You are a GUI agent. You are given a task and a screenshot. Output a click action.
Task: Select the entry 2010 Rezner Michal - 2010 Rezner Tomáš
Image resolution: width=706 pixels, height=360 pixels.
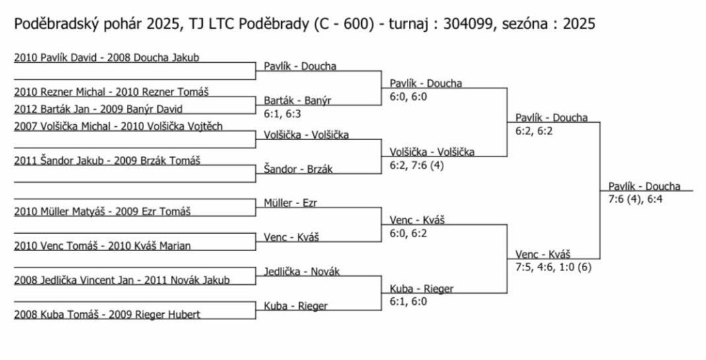click(x=111, y=92)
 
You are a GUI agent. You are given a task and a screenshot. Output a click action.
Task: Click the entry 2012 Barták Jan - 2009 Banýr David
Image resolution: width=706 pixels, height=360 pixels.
click(x=98, y=109)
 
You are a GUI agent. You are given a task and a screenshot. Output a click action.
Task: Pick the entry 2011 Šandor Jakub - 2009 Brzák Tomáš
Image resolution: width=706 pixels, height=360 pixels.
click(x=107, y=161)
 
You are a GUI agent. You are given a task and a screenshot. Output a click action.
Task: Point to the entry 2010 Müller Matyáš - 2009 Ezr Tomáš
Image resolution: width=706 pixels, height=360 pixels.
click(x=102, y=211)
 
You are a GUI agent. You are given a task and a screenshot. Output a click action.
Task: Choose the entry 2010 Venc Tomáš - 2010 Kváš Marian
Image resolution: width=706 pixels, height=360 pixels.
click(x=102, y=246)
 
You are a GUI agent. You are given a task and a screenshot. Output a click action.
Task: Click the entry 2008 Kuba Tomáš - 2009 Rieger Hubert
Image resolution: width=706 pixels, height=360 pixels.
click(x=107, y=314)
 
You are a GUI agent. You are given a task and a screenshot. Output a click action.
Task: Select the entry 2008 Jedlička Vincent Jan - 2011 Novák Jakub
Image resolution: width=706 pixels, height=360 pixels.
click(x=121, y=280)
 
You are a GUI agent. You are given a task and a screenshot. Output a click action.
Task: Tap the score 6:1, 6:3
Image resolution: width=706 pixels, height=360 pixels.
click(x=282, y=114)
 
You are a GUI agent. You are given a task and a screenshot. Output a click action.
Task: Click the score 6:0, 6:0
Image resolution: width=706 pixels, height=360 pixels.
click(x=408, y=97)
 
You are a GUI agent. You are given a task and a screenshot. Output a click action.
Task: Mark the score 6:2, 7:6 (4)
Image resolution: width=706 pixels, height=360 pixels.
click(x=416, y=166)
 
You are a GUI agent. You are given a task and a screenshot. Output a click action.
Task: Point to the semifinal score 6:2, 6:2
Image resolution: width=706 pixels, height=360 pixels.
click(x=534, y=131)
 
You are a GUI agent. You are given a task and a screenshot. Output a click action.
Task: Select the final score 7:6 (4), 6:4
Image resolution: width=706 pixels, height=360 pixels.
click(x=635, y=199)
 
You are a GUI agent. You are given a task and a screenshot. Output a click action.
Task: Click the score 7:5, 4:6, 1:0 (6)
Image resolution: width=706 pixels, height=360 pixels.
click(x=554, y=268)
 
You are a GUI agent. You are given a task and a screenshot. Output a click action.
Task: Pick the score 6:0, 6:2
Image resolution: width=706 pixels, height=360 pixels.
click(x=408, y=233)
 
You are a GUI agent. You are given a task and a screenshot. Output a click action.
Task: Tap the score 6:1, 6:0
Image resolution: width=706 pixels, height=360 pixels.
click(x=408, y=302)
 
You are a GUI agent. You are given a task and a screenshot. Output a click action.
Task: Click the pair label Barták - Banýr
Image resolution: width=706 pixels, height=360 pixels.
click(x=297, y=101)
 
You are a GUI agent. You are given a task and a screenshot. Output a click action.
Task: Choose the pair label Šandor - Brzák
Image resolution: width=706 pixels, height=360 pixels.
click(x=298, y=169)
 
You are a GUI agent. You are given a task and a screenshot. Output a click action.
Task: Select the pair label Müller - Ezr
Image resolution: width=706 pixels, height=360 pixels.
click(x=290, y=203)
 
